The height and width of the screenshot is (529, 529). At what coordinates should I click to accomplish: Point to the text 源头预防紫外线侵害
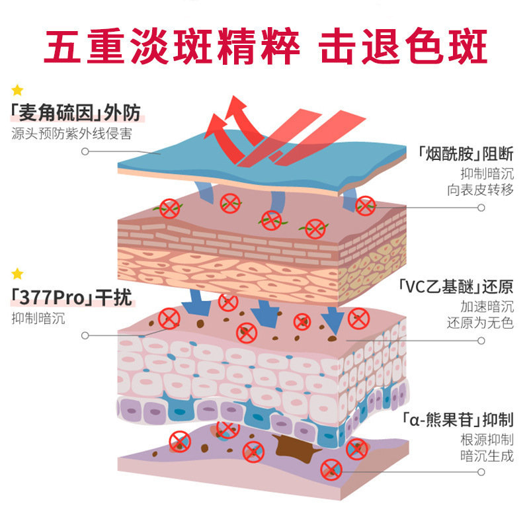point(71,133)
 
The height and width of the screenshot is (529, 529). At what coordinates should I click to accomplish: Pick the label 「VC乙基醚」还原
point(456,287)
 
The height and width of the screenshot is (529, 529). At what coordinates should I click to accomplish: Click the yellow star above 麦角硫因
point(18,90)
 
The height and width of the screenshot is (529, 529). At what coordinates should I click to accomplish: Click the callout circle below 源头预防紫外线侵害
point(85,151)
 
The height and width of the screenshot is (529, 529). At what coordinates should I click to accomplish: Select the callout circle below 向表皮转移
point(481,207)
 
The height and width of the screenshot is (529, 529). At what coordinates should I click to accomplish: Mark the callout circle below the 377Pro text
point(85,335)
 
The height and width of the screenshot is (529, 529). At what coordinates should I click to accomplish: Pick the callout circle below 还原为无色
point(481,340)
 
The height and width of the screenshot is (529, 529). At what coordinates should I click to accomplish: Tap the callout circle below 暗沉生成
point(481,472)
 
